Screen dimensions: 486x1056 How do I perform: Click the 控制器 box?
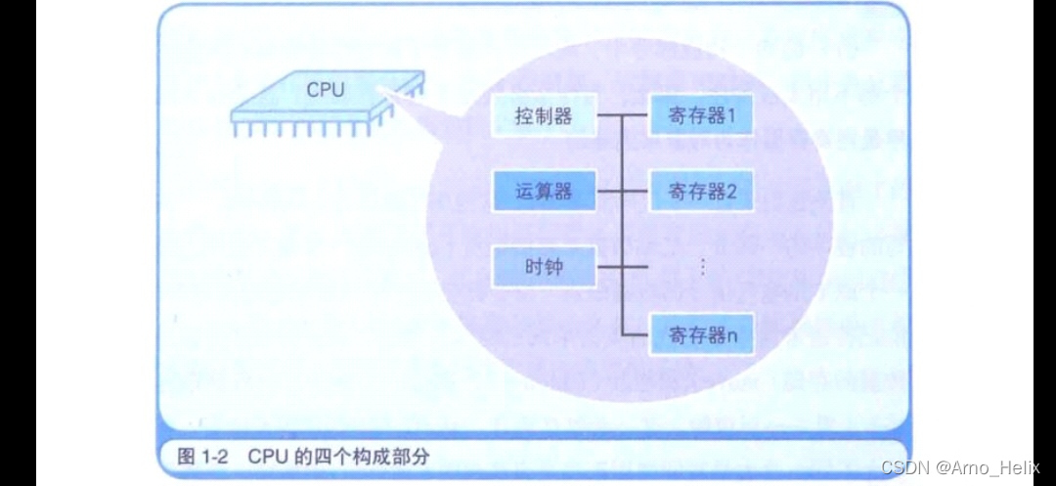tap(544, 117)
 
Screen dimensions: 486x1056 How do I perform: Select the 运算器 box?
tap(544, 192)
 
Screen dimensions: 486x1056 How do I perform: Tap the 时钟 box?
tap(544, 266)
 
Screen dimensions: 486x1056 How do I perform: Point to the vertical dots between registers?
tap(703, 266)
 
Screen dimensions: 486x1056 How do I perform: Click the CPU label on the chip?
tap(326, 90)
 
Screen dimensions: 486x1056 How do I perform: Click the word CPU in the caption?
tap(265, 456)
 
